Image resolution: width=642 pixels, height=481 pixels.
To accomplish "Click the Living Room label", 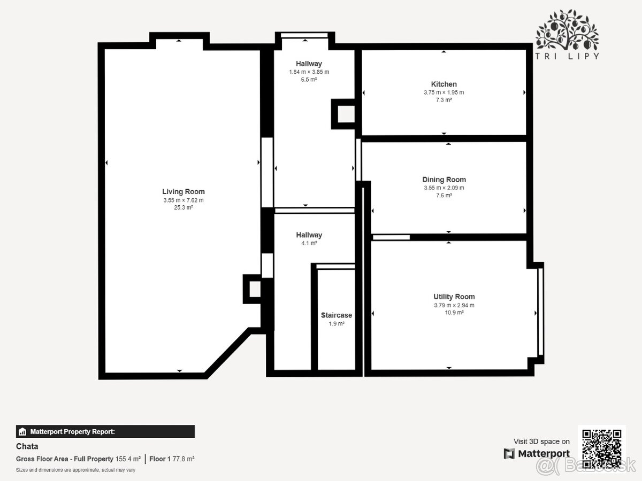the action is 184,191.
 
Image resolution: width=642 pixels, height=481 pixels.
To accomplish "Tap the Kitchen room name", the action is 444,84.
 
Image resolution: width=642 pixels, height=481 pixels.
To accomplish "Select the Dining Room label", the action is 444,180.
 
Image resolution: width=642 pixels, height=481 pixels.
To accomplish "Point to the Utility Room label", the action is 454,297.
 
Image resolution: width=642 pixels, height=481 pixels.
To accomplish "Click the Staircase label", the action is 337,315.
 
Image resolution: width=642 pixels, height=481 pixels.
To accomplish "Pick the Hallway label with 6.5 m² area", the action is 309,64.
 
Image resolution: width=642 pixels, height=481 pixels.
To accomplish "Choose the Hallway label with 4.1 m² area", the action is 309,235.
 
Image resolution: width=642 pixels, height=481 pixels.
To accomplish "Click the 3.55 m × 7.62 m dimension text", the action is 184,200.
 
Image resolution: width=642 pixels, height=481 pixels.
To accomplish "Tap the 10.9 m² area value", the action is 454,313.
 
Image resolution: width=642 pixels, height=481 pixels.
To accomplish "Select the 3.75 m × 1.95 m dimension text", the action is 444,92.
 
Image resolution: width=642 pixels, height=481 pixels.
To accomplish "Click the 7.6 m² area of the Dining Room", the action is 444,196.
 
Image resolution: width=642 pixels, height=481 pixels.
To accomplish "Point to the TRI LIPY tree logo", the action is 567,34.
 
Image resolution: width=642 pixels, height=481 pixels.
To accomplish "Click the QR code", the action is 602,449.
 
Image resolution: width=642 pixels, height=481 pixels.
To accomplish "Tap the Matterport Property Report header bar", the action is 105,431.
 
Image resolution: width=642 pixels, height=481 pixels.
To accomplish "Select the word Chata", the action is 27,446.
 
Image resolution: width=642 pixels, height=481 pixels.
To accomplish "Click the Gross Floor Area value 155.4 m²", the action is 128,459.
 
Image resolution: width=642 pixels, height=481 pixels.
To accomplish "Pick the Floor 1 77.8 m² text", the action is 172,459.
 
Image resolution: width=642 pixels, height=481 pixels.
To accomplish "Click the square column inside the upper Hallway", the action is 343,114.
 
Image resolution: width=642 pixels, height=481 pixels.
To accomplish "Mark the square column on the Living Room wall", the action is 253,289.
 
